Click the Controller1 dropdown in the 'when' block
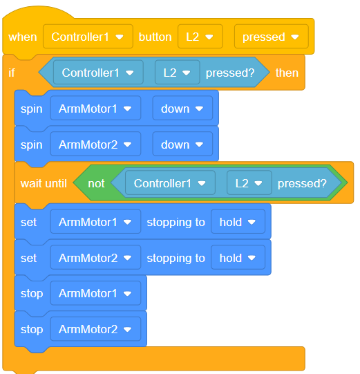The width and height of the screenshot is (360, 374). (88, 37)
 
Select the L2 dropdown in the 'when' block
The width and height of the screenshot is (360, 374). (200, 37)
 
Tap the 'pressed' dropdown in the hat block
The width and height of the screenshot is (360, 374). (272, 37)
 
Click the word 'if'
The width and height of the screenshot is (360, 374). (12, 73)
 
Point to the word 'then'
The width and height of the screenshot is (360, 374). (287, 73)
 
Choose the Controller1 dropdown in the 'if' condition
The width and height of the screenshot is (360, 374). (98, 73)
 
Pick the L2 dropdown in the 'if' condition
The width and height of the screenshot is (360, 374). (178, 73)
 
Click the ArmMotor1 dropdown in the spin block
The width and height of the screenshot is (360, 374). (95, 109)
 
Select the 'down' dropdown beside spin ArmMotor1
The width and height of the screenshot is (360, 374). (182, 109)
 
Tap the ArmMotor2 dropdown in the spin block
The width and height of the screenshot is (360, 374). (95, 144)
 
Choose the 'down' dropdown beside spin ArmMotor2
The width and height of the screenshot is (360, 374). (182, 144)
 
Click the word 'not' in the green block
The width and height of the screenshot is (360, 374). (96, 183)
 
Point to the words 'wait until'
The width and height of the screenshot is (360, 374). (44, 183)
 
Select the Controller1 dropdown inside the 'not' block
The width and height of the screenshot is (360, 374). (170, 183)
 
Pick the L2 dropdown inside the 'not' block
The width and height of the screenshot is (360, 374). (249, 183)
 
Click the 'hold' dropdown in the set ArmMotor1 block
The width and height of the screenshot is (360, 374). (238, 222)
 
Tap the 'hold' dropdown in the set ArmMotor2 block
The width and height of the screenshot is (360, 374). (238, 257)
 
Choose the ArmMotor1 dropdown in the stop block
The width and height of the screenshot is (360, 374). (95, 293)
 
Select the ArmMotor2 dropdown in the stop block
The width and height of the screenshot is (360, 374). (95, 328)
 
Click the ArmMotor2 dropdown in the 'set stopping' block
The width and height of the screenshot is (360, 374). (95, 257)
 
